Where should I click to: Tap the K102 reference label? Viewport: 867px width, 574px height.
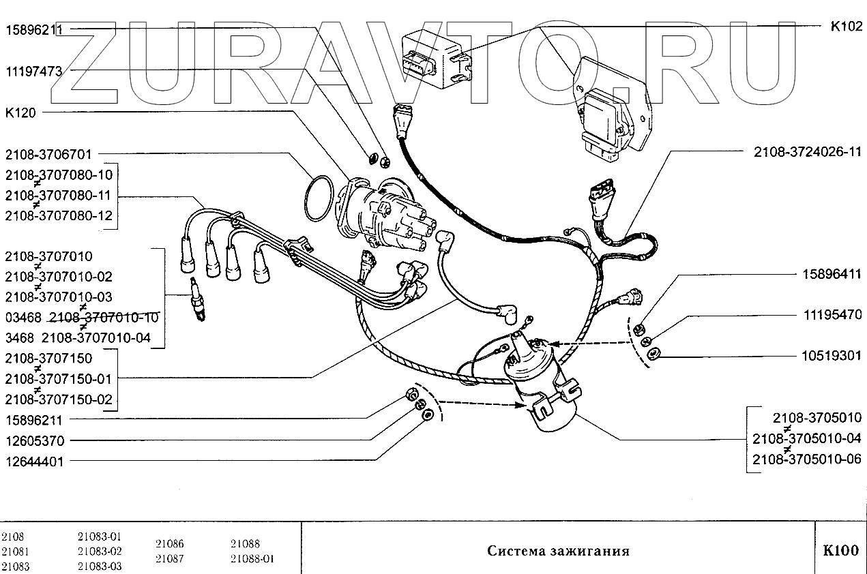(846, 28)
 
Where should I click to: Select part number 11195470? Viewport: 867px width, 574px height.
(832, 316)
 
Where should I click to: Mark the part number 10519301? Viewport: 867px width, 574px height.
(832, 356)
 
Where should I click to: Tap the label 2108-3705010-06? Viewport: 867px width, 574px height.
(806, 459)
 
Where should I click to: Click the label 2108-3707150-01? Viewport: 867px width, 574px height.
(59, 378)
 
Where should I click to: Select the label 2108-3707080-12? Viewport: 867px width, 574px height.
(59, 216)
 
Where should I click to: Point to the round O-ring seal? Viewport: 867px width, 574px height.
(319, 199)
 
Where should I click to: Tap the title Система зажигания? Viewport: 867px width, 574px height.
(558, 551)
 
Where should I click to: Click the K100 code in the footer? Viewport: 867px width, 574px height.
(840, 551)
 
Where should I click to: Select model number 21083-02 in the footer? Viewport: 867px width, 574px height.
(100, 552)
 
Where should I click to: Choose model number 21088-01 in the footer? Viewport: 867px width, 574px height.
(252, 559)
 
